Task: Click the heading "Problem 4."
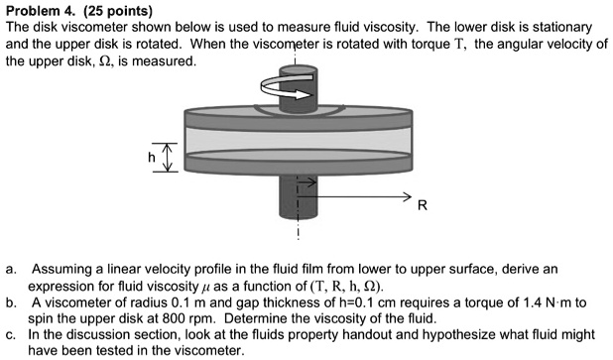click(39, 11)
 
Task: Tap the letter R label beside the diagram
click(424, 206)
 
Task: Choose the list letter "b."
click(9, 301)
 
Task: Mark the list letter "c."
click(9, 334)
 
